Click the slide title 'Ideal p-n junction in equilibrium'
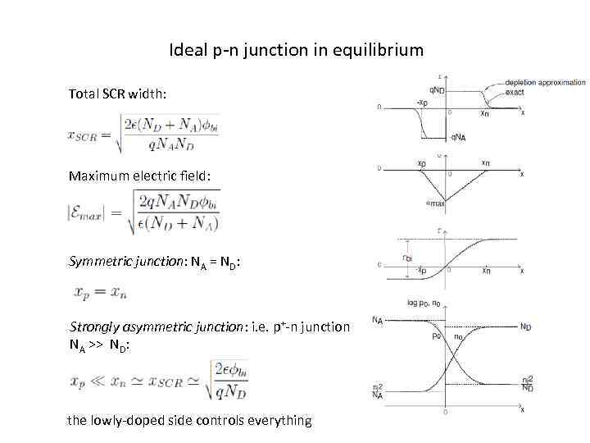pyautogui.click(x=296, y=50)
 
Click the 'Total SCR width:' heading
pyautogui.click(x=118, y=94)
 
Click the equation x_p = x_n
pyautogui.click(x=102, y=292)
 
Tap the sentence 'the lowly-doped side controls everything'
pyautogui.click(x=190, y=420)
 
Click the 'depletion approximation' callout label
pyautogui.click(x=545, y=82)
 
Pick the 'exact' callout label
pyautogui.click(x=515, y=92)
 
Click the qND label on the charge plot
pyautogui.click(x=436, y=89)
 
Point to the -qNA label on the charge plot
pyautogui.click(x=457, y=136)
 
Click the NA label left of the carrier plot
pyautogui.click(x=377, y=320)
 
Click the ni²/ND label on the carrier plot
pyautogui.click(x=528, y=384)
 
